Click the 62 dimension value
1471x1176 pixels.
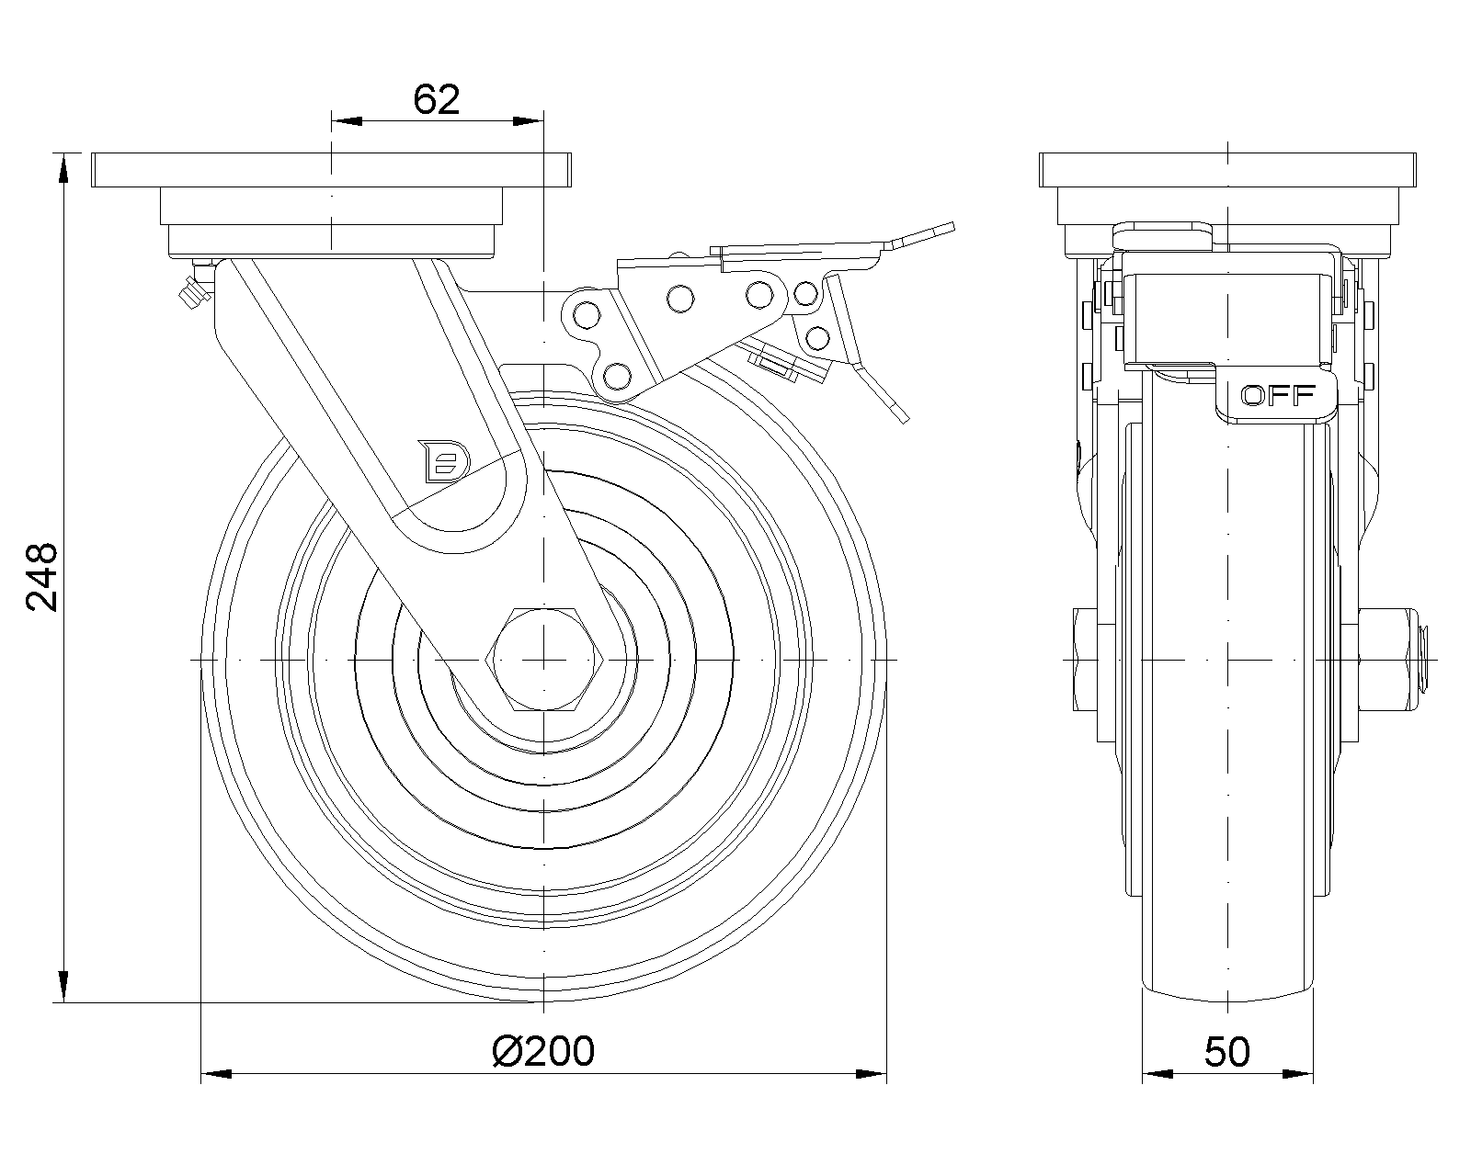click(x=436, y=99)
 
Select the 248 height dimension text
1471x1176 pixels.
click(x=42, y=577)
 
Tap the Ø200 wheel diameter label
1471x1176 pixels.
click(x=543, y=1051)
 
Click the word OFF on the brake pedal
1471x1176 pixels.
click(x=1277, y=396)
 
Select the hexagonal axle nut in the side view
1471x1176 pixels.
click(x=545, y=660)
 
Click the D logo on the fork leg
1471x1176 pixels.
click(x=445, y=460)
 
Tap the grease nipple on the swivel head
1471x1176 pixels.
click(x=191, y=292)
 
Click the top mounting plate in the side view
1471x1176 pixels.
click(x=1227, y=170)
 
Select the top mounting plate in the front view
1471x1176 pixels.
click(x=331, y=170)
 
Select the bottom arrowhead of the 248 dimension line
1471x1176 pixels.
click(x=63, y=987)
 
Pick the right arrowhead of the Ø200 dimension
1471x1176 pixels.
click(x=872, y=1073)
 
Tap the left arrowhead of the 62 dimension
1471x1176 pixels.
click(x=345, y=120)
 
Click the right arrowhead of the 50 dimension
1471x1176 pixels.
click(x=1298, y=1073)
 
